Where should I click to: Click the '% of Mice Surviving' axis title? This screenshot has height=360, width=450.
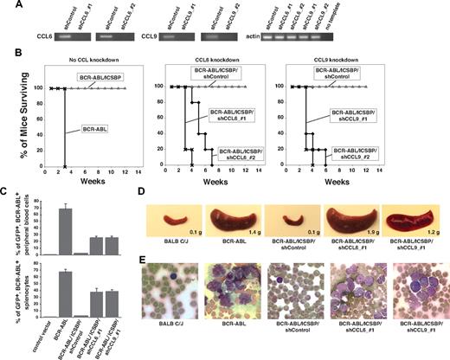pos(14,125)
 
